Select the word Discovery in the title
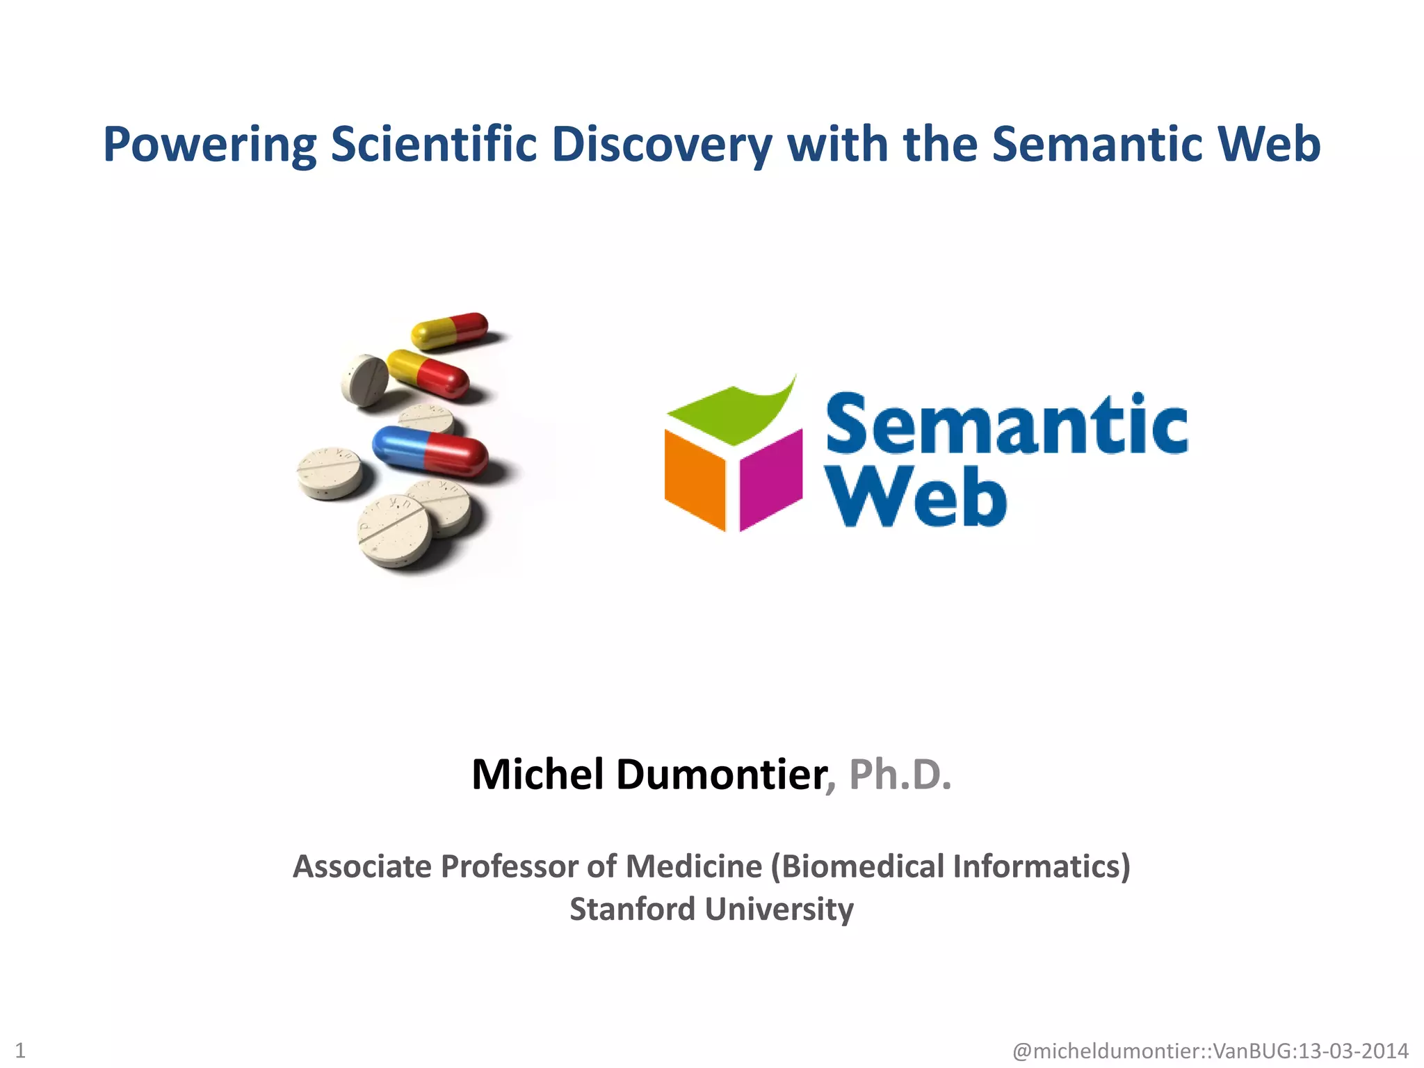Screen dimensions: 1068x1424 [662, 145]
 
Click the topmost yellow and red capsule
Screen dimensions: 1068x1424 [450, 330]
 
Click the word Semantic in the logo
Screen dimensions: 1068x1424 [1005, 424]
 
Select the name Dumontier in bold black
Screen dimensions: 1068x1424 [720, 774]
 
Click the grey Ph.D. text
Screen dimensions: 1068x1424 [900, 774]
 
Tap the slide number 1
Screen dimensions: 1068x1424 [20, 1050]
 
